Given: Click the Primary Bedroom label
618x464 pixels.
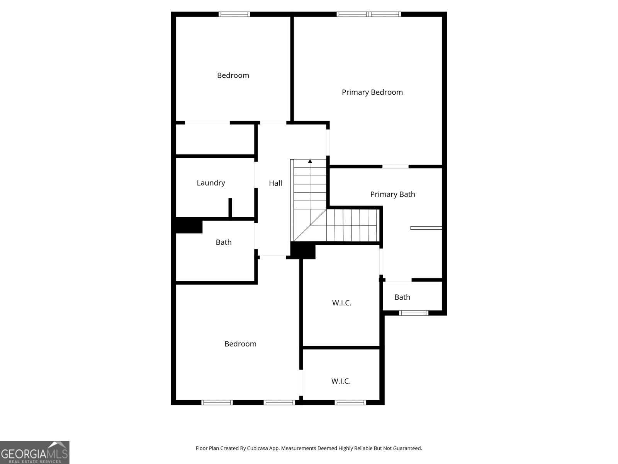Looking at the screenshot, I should coord(372,92).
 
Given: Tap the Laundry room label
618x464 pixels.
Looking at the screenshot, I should coord(211,183).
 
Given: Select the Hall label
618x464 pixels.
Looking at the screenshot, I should coord(275,183).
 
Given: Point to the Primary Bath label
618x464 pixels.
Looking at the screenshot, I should coord(392,194).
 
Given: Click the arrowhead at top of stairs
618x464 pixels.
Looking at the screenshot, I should coord(310,161).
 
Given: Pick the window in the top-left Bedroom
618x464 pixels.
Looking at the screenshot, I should coord(234,14).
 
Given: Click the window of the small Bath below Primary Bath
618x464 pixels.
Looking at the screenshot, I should coord(413,313).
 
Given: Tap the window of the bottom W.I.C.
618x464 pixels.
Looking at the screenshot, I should coord(350,403).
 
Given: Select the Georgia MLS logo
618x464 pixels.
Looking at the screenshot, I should coord(34,452).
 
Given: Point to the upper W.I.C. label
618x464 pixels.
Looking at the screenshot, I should coord(341,303).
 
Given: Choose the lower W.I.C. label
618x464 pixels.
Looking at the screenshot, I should coord(341,381).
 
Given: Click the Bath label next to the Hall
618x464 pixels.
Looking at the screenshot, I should coord(223,242).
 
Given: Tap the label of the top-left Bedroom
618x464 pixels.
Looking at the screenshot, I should coord(233,75).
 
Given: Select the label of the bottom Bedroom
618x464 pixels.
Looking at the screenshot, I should coord(240,344).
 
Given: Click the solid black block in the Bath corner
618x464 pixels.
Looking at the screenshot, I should coord(189,225).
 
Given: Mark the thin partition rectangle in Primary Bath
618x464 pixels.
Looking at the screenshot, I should coord(426,228).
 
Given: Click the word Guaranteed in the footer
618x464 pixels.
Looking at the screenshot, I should coord(407,449).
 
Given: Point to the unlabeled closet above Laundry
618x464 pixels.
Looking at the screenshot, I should coord(215,138).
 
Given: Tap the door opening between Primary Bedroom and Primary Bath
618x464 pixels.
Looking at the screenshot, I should coord(395,167).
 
